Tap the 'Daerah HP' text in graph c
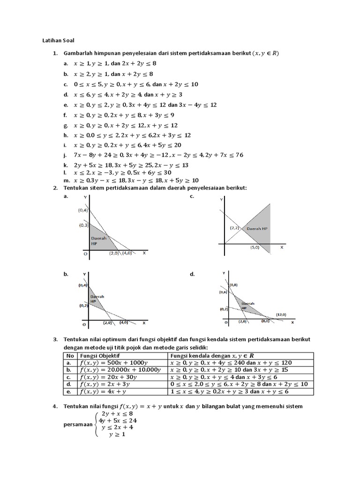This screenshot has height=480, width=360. point(257,228)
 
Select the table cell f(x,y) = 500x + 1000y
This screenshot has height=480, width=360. point(115,362)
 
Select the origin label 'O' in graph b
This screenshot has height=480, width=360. point(85,324)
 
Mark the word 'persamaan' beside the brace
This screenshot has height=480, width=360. point(78,424)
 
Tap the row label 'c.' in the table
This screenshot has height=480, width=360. point(68,377)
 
